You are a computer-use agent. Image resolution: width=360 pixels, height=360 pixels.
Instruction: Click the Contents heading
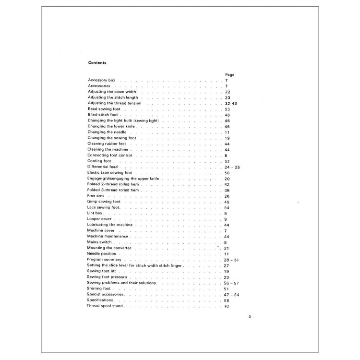97,63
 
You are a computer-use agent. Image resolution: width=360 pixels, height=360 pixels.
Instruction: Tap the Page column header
229,75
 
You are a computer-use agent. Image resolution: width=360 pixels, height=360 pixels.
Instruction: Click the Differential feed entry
102,167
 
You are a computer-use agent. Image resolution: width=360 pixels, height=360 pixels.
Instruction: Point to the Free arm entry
95,196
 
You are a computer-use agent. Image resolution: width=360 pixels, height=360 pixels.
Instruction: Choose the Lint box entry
95,213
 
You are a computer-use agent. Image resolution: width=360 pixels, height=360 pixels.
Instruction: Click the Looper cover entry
99,219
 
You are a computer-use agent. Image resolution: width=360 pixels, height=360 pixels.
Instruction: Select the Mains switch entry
99,242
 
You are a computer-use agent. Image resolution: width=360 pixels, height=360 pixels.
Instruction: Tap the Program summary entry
103,260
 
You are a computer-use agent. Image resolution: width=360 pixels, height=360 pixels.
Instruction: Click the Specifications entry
100,300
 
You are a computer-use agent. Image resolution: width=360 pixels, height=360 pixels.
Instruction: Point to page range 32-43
230,103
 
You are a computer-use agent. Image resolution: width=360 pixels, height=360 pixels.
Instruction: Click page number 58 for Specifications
227,300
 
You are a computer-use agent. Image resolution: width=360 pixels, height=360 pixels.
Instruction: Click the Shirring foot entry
99,288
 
